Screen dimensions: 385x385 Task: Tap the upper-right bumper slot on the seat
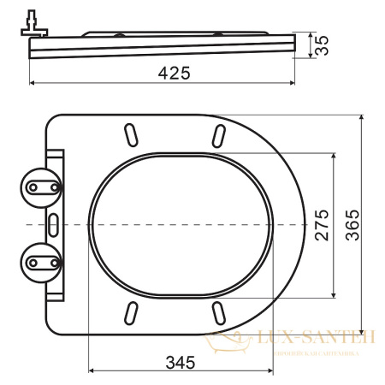point(219,134)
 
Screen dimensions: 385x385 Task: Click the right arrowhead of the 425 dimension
point(296,84)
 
